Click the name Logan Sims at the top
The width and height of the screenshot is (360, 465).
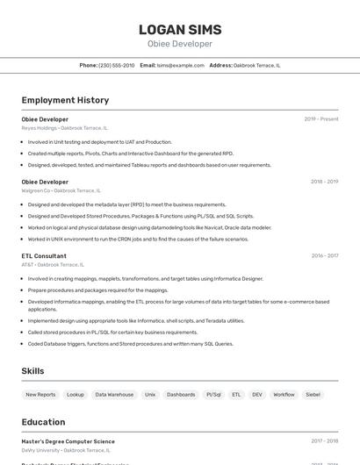pos(179,29)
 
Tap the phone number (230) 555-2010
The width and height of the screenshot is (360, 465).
pos(117,65)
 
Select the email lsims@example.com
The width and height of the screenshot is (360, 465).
pos(180,65)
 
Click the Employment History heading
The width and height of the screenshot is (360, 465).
pos(65,100)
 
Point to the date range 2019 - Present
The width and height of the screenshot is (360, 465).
pos(320,119)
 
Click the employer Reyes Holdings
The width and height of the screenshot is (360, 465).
pos(40,128)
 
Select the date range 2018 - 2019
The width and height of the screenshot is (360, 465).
pos(324,182)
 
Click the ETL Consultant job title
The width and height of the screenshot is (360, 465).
pos(44,255)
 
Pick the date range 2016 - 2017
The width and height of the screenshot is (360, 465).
pos(324,255)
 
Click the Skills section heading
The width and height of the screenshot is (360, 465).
pos(32,371)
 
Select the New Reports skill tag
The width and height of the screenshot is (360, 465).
pos(40,395)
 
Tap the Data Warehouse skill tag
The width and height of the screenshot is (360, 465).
pos(114,395)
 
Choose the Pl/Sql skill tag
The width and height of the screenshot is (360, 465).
pos(213,395)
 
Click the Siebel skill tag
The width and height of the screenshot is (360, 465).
pos(313,395)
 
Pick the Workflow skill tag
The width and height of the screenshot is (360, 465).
pos(284,395)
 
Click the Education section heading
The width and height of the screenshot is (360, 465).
pos(43,422)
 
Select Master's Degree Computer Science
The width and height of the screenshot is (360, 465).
pos(68,441)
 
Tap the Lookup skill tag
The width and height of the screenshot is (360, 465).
pos(76,395)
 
